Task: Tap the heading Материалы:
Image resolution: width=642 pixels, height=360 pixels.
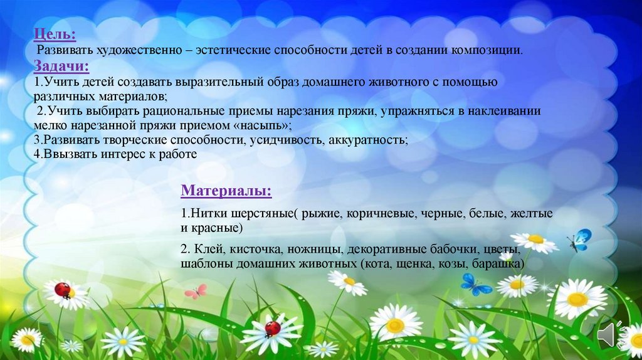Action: (226, 189)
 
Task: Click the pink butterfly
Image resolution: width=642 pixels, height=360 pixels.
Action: (195, 291)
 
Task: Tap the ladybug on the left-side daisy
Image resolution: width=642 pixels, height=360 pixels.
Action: (62, 289)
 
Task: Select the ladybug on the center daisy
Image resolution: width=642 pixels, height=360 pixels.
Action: (272, 328)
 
